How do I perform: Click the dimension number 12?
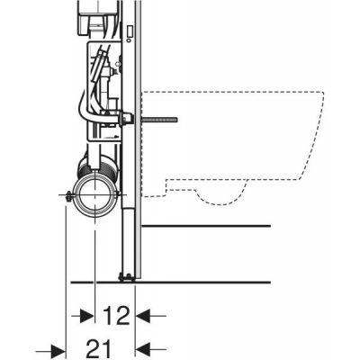coord(114,316)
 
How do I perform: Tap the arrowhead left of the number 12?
coord(88,316)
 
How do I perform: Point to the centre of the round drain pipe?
coord(95,194)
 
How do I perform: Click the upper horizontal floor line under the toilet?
coord(207,224)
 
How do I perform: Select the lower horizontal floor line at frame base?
coord(207,276)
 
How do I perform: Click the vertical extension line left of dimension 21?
coord(67,270)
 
